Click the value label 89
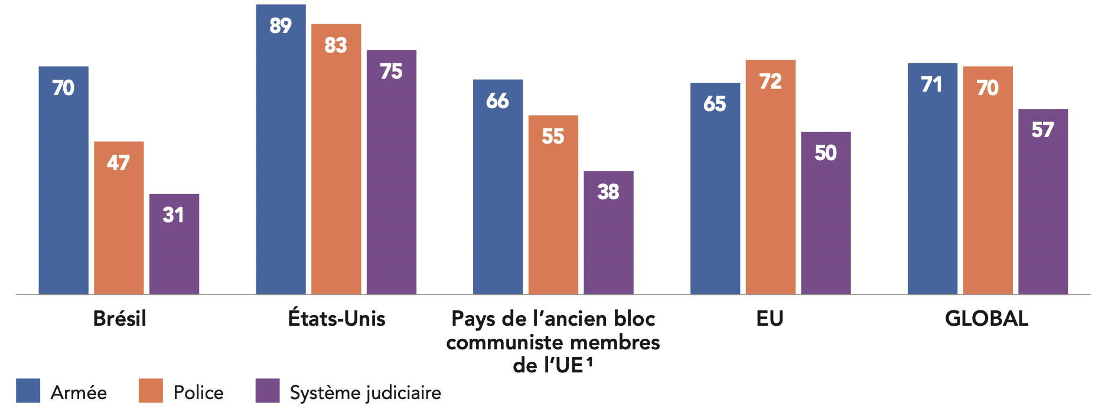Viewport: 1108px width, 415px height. pos(281,26)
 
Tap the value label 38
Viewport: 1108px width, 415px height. pos(608,192)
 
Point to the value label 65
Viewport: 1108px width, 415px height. pos(715,104)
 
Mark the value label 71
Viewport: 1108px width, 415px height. pos(932,85)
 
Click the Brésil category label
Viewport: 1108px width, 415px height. pos(119,319)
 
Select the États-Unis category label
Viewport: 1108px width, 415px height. pos(337,319)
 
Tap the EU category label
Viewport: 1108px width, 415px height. pos(770,319)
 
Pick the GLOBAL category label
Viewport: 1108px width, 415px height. pos(986,319)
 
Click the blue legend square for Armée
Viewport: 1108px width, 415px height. pos(28,391)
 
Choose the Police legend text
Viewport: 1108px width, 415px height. pos(198,393)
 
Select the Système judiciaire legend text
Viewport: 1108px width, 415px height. pos(365,393)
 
